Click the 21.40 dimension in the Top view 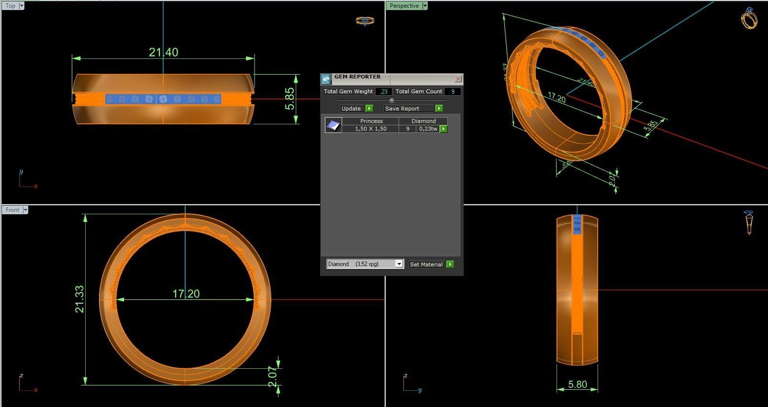[163, 52]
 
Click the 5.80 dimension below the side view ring [577, 385]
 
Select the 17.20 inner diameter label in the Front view [186, 294]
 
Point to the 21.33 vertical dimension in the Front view [79, 299]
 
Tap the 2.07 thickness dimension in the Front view [272, 377]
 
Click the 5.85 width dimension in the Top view [290, 99]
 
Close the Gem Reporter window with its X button [458, 78]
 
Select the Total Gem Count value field [452, 91]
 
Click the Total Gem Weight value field [384, 91]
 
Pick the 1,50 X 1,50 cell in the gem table [370, 129]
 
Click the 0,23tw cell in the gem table [428, 129]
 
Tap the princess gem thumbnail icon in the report [334, 125]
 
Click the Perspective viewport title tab [404, 6]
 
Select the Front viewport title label [12, 210]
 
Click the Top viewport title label [11, 6]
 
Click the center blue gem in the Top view [163, 99]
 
